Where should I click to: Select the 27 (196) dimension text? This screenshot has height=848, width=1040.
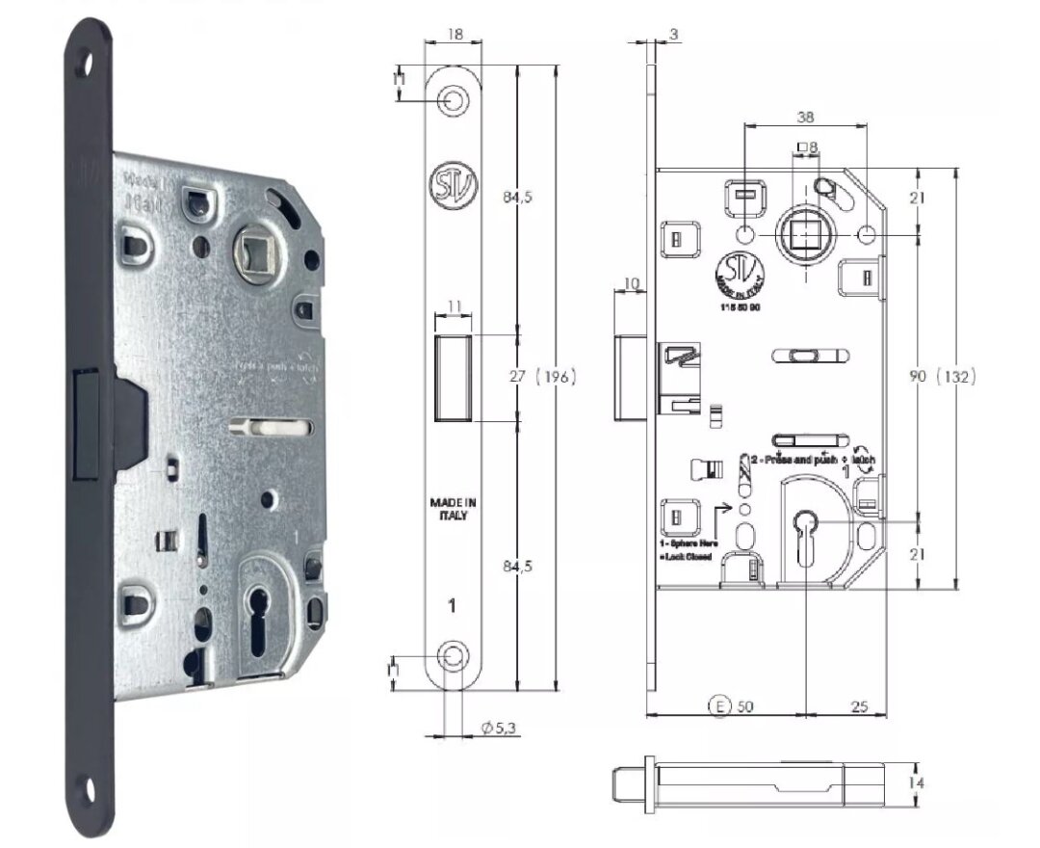tap(542, 378)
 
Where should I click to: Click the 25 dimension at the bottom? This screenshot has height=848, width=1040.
tap(860, 706)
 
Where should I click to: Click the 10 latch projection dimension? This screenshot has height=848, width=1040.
tap(632, 282)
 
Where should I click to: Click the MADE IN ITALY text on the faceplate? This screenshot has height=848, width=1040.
tap(450, 509)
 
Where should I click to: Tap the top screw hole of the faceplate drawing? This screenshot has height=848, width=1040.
tap(451, 99)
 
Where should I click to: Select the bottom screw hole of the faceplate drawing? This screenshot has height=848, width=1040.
tap(451, 655)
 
